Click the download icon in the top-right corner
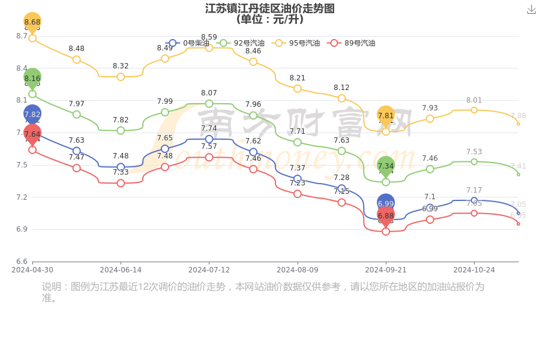[532, 10]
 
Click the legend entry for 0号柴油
[188, 43]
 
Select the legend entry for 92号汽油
[241, 43]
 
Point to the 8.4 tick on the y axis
[22, 68]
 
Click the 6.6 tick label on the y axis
[22, 262]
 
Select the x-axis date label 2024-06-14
[121, 270]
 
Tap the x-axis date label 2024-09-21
[386, 270]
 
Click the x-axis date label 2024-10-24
[474, 270]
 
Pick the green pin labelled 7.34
[386, 166]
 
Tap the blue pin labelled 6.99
[386, 203]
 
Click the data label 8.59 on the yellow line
[209, 37]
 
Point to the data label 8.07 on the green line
[209, 93]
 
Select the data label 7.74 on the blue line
[209, 128]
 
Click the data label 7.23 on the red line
[298, 183]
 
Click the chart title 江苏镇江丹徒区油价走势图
[270, 8]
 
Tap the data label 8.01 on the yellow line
[474, 100]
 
